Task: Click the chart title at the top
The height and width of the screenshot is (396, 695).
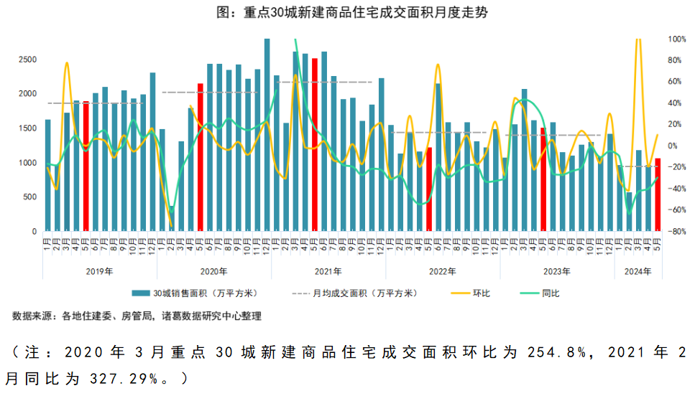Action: (x=347, y=12)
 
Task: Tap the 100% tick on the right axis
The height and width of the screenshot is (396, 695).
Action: (x=676, y=39)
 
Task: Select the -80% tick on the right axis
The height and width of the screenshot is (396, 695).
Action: (x=676, y=232)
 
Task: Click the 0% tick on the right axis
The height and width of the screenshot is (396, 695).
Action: (x=673, y=146)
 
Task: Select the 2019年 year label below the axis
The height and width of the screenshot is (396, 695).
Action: (x=99, y=271)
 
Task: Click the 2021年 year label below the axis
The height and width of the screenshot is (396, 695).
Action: (x=328, y=271)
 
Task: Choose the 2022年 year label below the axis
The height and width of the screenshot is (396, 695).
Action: (x=443, y=271)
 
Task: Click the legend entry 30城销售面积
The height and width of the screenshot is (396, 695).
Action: (x=194, y=293)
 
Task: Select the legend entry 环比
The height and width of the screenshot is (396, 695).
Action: (x=481, y=293)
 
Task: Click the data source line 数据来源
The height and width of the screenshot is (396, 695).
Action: (x=137, y=316)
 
